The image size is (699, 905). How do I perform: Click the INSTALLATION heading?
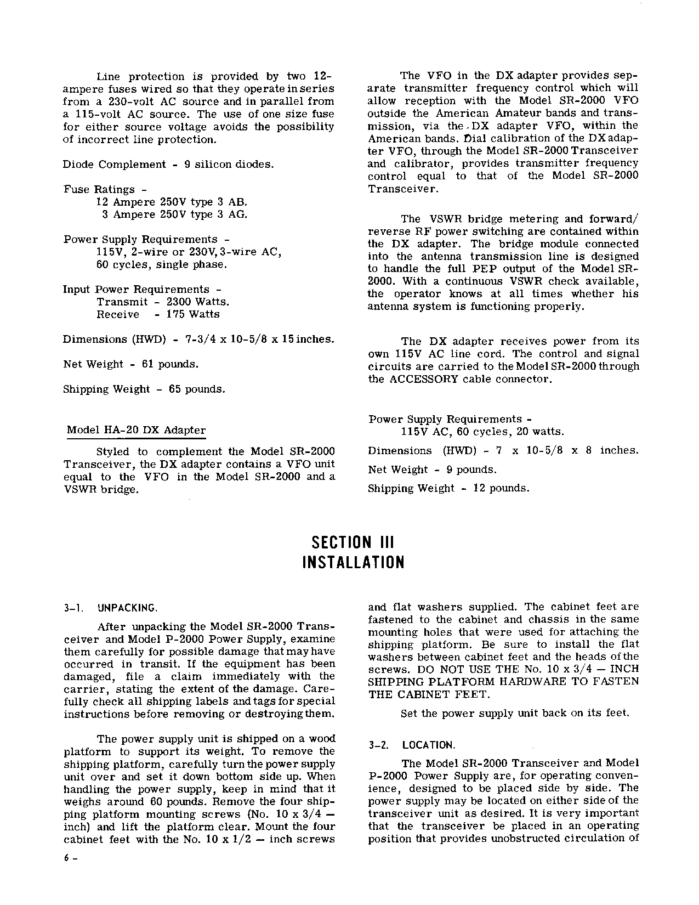tap(353, 563)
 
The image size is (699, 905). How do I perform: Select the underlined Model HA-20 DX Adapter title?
tap(136, 431)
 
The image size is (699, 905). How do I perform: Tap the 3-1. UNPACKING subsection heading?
tap(111, 608)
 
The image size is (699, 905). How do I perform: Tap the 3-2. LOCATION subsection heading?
tap(412, 745)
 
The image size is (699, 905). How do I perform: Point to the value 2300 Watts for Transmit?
tap(197, 302)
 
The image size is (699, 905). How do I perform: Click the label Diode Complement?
tap(114, 165)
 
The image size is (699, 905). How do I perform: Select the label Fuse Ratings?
tap(99, 190)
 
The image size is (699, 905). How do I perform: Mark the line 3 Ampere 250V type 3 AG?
tap(175, 214)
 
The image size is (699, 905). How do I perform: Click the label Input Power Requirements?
tap(136, 290)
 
